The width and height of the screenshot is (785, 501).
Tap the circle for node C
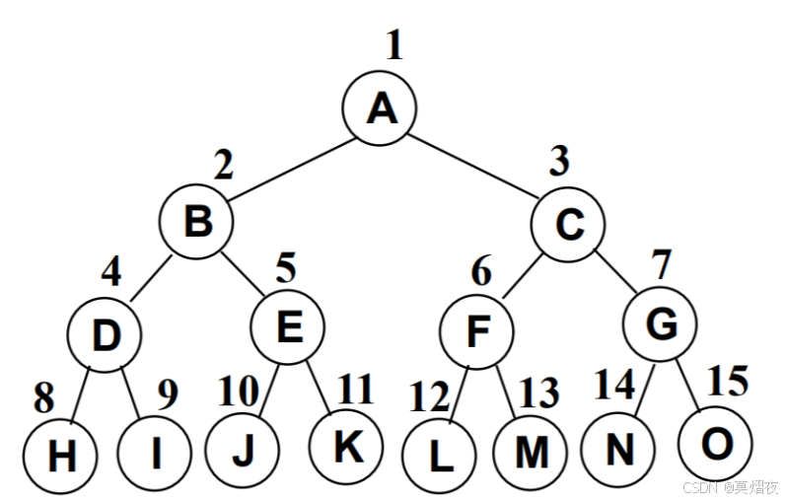pyautogui.click(x=567, y=225)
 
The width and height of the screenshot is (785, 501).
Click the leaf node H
pyautogui.click(x=61, y=456)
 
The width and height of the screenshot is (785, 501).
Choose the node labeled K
pyautogui.click(x=344, y=447)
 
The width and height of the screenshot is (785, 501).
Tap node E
pyautogui.click(x=287, y=326)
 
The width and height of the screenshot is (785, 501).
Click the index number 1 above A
pyautogui.click(x=394, y=46)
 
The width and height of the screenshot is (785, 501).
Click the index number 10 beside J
pyautogui.click(x=237, y=391)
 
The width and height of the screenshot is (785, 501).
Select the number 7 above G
pyautogui.click(x=660, y=266)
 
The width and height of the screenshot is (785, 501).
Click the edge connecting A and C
pyautogui.click(x=474, y=168)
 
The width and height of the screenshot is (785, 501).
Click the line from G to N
pyautogui.click(x=638, y=394)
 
